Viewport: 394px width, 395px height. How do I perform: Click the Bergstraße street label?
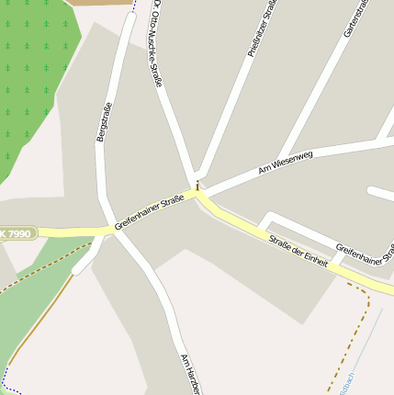pyautogui.click(x=105, y=121)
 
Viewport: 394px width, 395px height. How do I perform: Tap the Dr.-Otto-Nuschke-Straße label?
pyautogui.click(x=157, y=44)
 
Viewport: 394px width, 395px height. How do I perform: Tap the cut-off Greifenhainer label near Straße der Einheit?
pyautogui.click(x=365, y=261)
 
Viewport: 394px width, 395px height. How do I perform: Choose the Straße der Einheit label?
pyautogui.click(x=298, y=250)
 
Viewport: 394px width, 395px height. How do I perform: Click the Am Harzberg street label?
pyautogui.click(x=189, y=374)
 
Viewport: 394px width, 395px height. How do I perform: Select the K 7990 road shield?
pyautogui.click(x=17, y=234)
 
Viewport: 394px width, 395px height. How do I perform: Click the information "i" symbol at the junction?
pyautogui.click(x=197, y=185)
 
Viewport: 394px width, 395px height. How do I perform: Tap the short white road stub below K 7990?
pyautogui.click(x=85, y=261)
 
